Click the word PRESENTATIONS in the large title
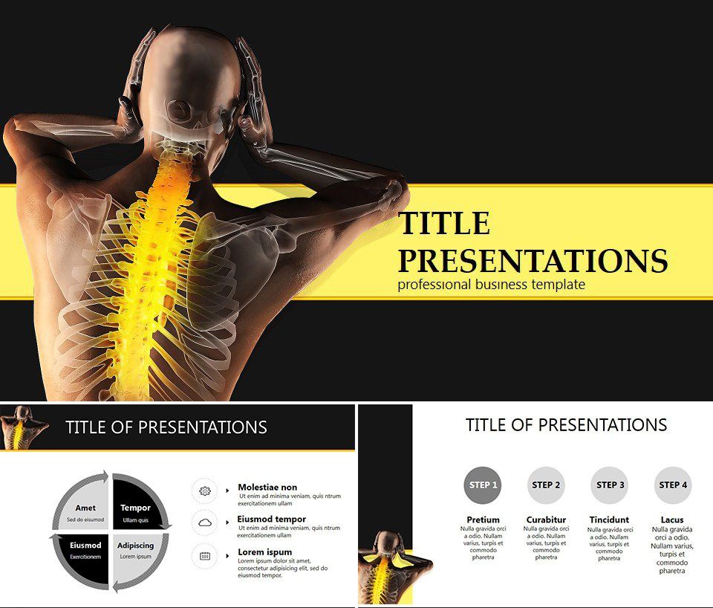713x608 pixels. tap(533, 261)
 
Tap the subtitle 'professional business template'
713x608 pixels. tap(491, 285)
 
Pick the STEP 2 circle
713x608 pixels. tap(547, 485)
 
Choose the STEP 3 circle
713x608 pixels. tap(610, 485)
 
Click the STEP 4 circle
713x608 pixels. tap(673, 485)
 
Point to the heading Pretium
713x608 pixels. tap(483, 520)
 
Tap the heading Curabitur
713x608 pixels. tap(546, 520)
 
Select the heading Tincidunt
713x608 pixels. tap(609, 520)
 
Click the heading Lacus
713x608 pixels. tap(672, 520)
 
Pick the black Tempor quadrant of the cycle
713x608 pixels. tap(136, 507)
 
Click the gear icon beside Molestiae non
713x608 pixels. tap(204, 491)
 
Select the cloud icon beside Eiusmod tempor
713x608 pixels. tap(204, 523)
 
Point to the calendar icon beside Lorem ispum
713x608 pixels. tap(204, 555)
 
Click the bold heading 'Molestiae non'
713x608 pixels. tap(267, 488)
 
